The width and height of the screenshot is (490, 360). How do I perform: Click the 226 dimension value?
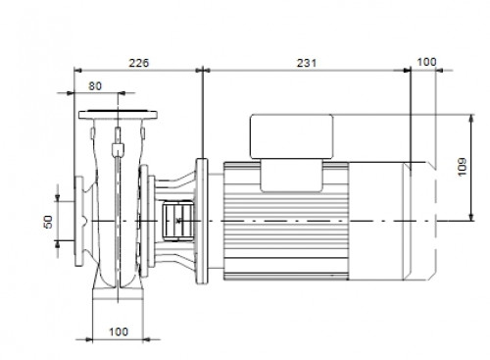[x=139, y=63]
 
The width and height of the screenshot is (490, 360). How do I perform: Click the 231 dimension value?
[x=307, y=63]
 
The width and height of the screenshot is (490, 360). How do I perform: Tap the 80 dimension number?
[x=95, y=86]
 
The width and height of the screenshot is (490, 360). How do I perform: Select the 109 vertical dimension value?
[x=463, y=167]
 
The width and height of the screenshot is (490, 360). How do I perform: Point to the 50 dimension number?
[x=48, y=222]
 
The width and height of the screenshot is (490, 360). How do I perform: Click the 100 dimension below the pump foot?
[x=119, y=332]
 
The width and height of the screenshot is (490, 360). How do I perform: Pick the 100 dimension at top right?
[x=426, y=62]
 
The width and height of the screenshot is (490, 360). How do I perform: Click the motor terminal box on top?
[x=292, y=136]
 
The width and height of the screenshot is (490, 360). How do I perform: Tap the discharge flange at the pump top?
[x=118, y=115]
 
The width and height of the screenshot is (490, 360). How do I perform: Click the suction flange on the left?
[x=78, y=222]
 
